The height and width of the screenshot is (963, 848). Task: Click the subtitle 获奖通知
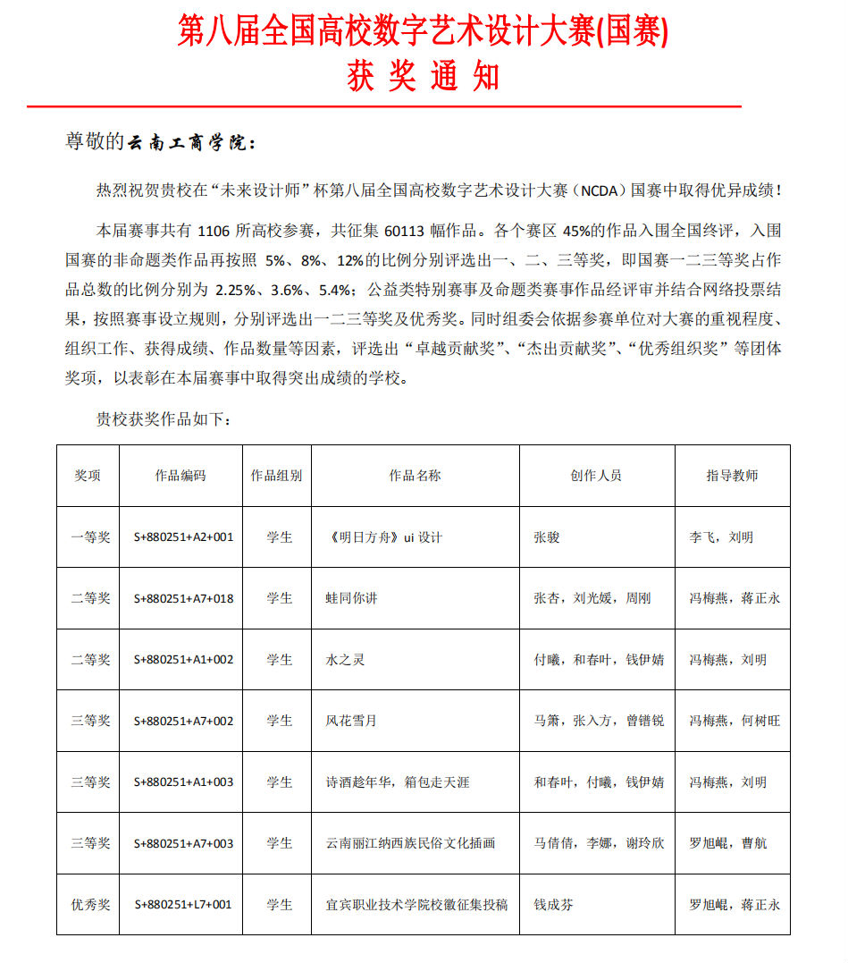(x=423, y=78)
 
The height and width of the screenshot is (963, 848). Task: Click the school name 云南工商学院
(x=189, y=142)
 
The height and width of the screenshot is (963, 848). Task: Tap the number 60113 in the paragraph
(x=408, y=230)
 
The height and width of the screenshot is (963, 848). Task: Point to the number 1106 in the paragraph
(x=219, y=230)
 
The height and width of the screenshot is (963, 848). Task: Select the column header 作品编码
(x=181, y=476)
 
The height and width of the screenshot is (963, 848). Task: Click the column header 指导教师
(x=732, y=476)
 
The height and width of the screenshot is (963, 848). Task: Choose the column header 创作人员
(x=596, y=476)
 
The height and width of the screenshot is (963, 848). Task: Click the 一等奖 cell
(x=91, y=537)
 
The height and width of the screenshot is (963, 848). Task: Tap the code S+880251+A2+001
(x=183, y=537)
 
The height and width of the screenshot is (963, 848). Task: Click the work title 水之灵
(x=345, y=660)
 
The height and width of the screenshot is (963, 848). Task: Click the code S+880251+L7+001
(x=183, y=905)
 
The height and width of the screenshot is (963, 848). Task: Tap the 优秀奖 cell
(x=91, y=905)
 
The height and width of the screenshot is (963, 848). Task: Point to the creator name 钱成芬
(x=553, y=905)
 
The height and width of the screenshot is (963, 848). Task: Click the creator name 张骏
(x=547, y=537)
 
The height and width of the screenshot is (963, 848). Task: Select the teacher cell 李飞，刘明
(x=721, y=537)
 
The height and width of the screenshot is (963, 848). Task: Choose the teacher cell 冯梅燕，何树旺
(x=734, y=721)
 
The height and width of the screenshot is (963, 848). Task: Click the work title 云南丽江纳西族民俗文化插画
(x=410, y=843)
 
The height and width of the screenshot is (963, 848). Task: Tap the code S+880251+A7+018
(x=183, y=598)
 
